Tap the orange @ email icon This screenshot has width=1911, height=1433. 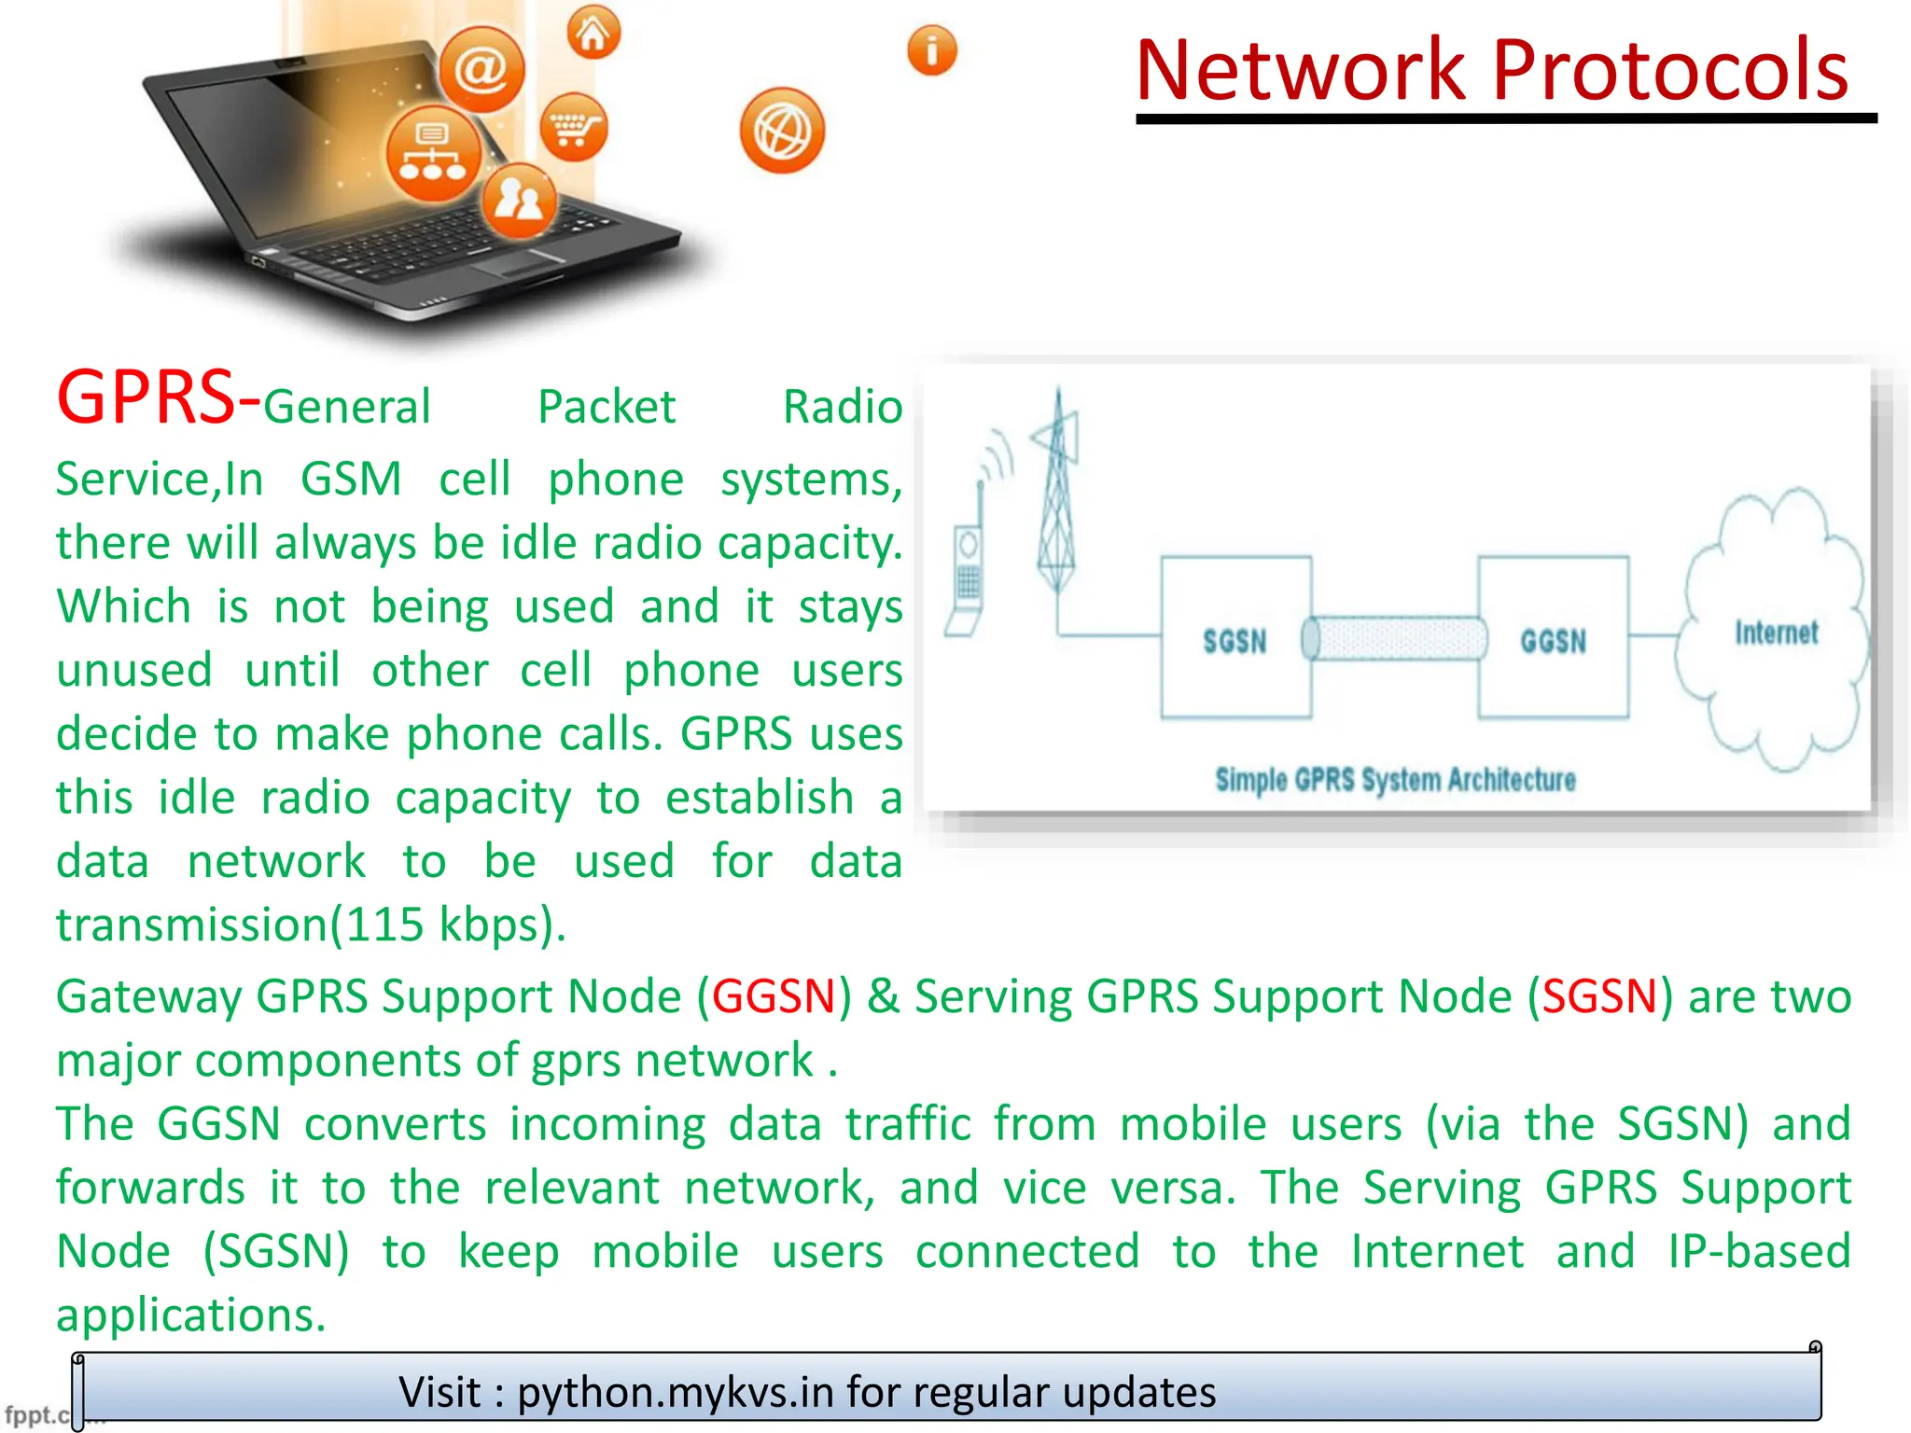pyautogui.click(x=481, y=69)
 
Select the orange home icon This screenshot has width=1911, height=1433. pyautogui.click(x=593, y=34)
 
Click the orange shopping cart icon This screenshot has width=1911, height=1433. pyautogui.click(x=574, y=127)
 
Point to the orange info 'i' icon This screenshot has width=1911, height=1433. pyautogui.click(x=932, y=50)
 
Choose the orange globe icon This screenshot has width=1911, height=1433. pyautogui.click(x=782, y=132)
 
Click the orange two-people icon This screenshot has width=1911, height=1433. pyautogui.click(x=519, y=199)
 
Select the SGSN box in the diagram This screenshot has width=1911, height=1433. pyautogui.click(x=1235, y=639)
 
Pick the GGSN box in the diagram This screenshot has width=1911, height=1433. pyautogui.click(x=1553, y=639)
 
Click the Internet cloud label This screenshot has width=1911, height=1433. pyautogui.click(x=1776, y=633)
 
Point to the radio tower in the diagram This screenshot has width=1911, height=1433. pyautogui.click(x=1057, y=494)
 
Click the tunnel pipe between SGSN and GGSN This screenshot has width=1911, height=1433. pyautogui.click(x=1394, y=639)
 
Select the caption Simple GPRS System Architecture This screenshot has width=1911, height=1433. pyautogui.click(x=1395, y=779)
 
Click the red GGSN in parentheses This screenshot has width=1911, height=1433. pyautogui.click(x=774, y=996)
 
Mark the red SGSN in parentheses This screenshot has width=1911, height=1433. pyautogui.click(x=1599, y=996)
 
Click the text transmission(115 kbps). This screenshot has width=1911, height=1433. pyautogui.click(x=311, y=925)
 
